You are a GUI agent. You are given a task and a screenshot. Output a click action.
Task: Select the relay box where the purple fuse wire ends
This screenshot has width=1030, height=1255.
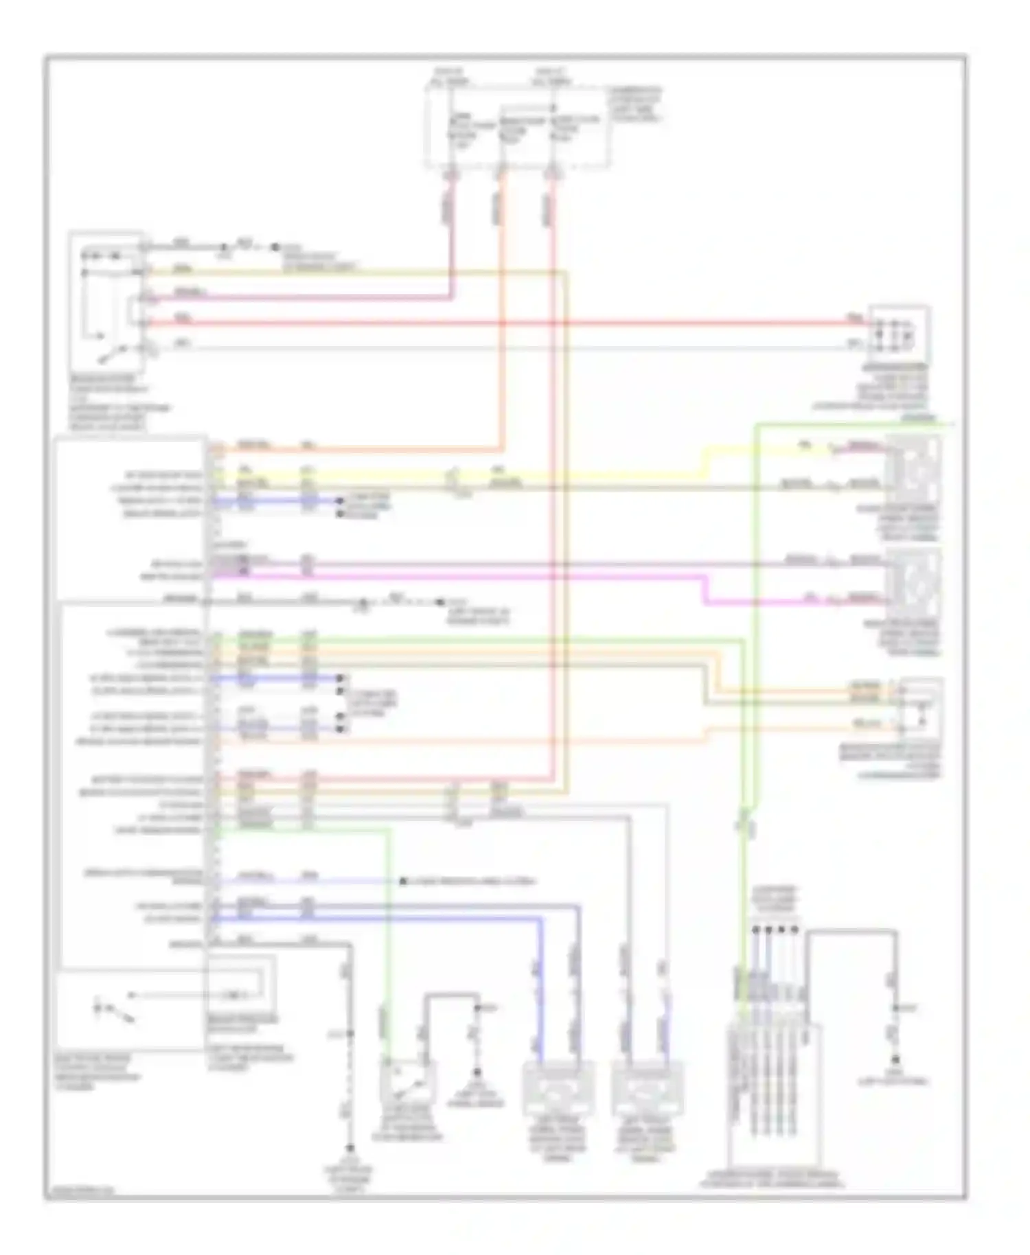pos(106,302)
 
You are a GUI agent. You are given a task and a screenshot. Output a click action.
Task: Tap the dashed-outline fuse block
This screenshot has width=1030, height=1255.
pos(516,127)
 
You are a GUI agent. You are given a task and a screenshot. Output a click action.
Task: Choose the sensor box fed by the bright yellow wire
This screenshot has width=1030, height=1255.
pos(913,470)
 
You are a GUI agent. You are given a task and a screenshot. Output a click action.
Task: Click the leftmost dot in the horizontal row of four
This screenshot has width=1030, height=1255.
pos(755,930)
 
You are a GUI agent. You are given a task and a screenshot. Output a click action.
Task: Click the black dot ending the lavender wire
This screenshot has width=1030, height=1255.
pos(404,881)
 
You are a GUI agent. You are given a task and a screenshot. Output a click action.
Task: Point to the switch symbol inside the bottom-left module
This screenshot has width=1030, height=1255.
pos(113,1011)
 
